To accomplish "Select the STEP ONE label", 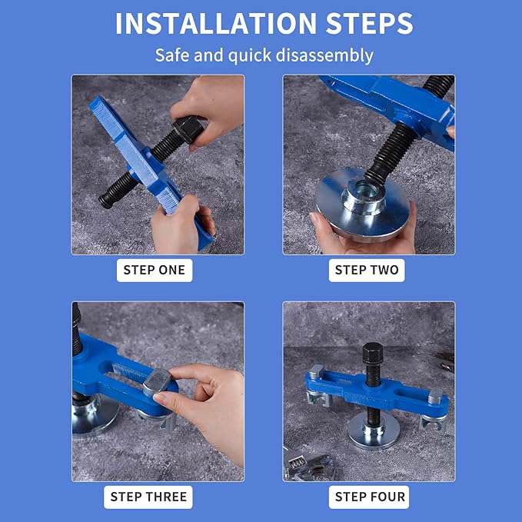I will (155, 271).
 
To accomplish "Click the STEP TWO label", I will (367, 271).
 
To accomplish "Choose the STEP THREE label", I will (148, 497).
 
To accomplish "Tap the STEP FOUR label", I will (371, 497).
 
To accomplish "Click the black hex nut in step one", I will (189, 128).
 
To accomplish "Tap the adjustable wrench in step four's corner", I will (308, 466).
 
